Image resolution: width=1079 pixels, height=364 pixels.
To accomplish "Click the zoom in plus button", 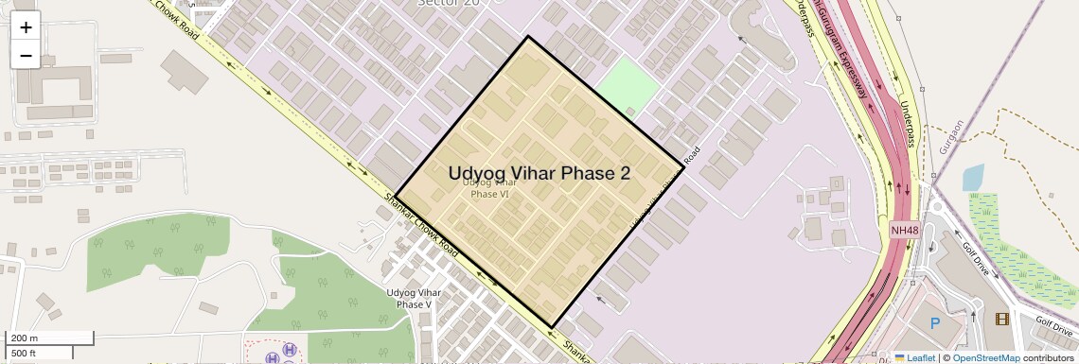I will point(26,26).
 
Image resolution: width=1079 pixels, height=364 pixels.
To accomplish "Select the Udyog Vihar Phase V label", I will point(415,299).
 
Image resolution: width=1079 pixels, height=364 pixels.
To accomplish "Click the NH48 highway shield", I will point(904,230).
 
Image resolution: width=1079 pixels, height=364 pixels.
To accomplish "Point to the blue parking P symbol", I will point(935,323).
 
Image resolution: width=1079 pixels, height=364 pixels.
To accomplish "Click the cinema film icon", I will point(1002,319).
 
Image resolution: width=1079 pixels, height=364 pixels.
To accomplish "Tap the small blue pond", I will point(972,178).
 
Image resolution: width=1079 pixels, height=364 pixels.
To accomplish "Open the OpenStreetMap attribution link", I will point(985,358).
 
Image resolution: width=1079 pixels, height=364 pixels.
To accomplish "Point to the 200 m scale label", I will point(25,338).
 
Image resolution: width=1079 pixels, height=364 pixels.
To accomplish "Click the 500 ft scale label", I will point(25,353).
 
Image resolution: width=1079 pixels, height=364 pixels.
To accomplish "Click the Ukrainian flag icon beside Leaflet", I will point(899,358).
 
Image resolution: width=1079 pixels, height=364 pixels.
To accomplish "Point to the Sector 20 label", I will point(448,4).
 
